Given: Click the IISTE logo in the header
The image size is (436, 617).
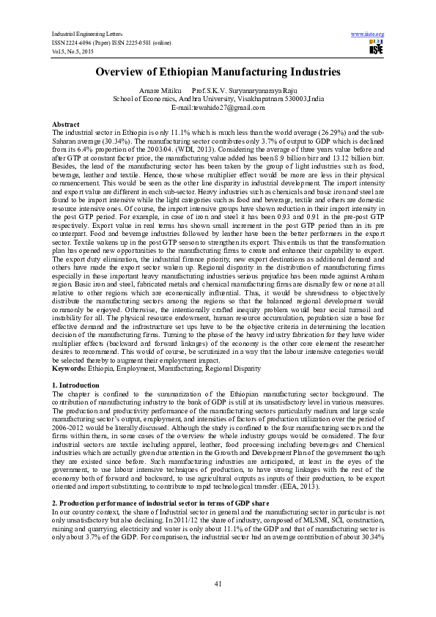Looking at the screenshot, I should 376,48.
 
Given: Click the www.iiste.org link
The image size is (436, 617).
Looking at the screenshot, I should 368,34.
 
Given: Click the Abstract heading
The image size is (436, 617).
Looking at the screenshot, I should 65,124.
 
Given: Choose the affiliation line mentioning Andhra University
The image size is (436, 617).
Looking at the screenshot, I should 218,98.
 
